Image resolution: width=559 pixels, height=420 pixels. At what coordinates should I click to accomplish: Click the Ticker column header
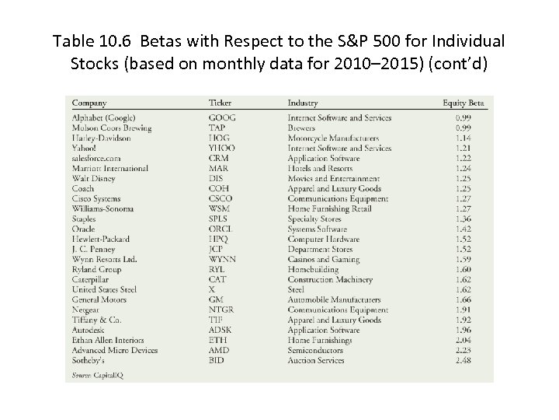[220, 103]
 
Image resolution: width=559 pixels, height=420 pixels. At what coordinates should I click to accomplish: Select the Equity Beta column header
[464, 103]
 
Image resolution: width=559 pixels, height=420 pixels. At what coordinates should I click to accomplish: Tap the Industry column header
[302, 103]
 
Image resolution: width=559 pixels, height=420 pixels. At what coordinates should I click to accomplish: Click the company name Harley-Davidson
[101, 138]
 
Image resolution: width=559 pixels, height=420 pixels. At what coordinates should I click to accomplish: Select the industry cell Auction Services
[316, 360]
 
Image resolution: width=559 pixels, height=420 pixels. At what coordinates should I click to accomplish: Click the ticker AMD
[218, 350]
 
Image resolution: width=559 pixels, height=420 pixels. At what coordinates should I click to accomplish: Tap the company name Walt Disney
[94, 178]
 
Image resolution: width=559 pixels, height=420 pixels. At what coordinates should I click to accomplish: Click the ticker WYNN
[222, 259]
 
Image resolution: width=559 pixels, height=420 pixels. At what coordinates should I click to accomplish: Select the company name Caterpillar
[92, 279]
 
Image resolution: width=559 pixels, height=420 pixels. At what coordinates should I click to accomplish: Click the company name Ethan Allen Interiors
[108, 340]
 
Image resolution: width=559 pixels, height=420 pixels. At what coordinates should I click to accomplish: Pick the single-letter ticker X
[212, 289]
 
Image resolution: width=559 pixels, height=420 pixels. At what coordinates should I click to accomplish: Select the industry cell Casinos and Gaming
[323, 259]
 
